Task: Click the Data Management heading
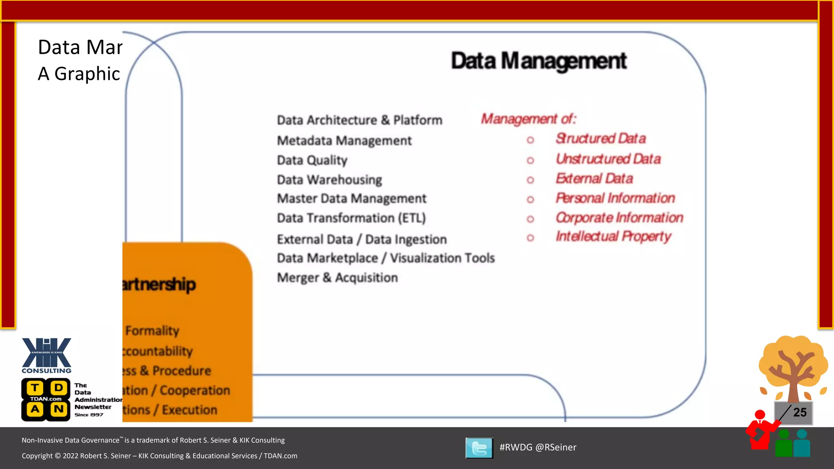pos(538,61)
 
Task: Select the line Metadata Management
pos(344,140)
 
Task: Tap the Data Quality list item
pos(312,160)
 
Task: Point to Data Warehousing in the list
pos(329,180)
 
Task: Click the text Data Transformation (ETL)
pos(351,218)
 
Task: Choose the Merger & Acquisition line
pos(337,278)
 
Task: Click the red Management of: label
pos(528,119)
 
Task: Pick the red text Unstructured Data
pos(608,159)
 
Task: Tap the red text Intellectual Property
pos(613,237)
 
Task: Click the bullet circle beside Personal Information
pos(530,199)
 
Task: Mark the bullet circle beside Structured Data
pos(530,140)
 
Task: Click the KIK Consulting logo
pos(46,355)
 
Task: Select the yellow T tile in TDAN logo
pos(35,388)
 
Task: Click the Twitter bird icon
pos(479,448)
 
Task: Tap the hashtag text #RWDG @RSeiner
pos(538,447)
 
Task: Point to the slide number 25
pos(799,412)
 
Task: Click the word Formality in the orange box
pos(152,331)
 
